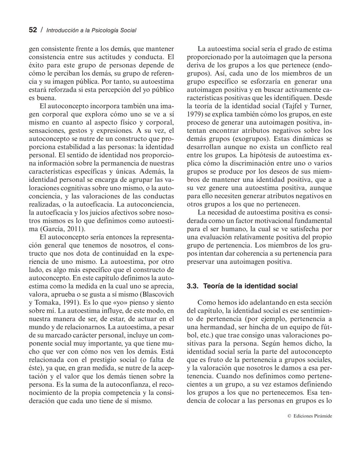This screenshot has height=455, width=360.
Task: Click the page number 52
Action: [x=33, y=30]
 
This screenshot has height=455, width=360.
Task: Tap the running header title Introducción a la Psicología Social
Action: [x=91, y=30]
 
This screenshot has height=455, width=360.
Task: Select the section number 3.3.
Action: [x=193, y=286]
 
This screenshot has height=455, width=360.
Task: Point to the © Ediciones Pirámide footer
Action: [x=309, y=416]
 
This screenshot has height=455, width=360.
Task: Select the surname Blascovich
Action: [x=159, y=294]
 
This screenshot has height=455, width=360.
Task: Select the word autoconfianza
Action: [x=123, y=384]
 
